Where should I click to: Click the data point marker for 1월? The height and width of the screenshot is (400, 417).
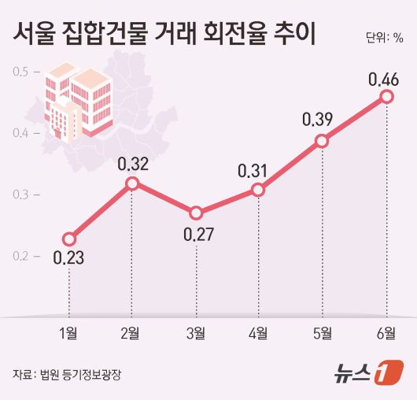(69, 239)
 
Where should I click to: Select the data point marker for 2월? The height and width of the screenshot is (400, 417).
(132, 183)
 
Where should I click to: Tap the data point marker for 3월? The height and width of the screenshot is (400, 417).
(196, 213)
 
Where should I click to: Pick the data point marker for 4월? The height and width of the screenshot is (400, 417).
(259, 190)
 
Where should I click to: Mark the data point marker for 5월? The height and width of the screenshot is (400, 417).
(322, 141)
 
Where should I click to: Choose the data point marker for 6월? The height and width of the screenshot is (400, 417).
(386, 96)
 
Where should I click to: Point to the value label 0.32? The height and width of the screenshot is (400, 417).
(131, 165)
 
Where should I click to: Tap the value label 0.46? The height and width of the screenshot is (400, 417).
(386, 79)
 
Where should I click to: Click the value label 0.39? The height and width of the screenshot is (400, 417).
(322, 120)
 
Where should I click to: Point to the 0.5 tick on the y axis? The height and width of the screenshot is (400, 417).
(20, 72)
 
